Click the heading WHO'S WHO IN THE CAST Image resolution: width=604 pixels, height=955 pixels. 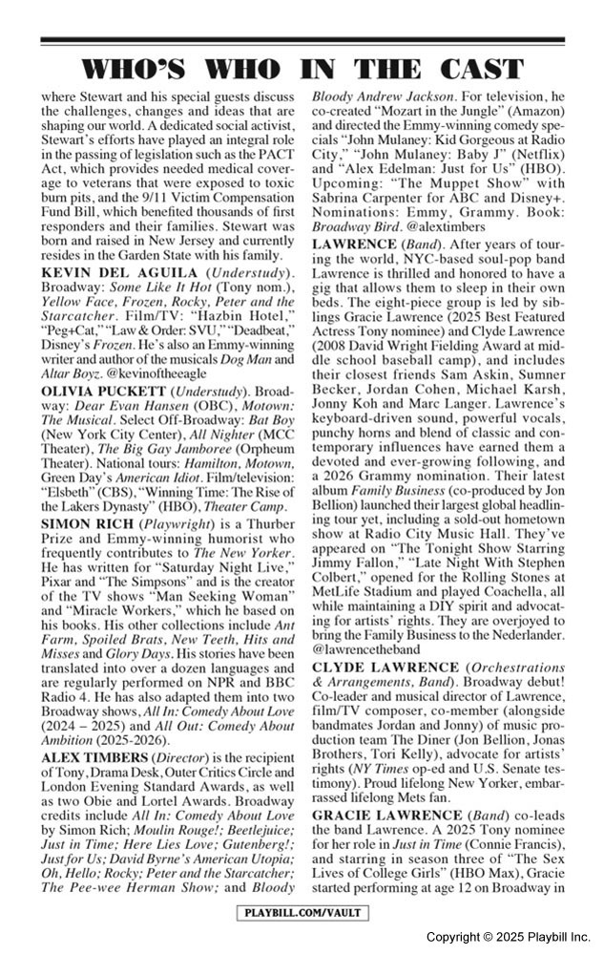tap(302, 69)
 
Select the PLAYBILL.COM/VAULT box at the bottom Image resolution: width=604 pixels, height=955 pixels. tap(302, 913)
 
